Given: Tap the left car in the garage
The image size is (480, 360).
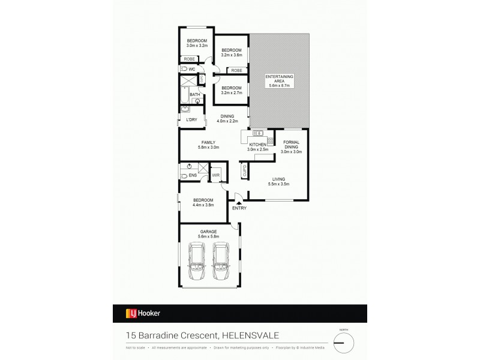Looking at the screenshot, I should click(196, 262).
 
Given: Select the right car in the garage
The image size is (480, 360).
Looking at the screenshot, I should click(221, 262).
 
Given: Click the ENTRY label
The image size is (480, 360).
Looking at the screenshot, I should click(239, 208).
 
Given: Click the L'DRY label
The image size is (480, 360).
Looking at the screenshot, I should click(192, 119).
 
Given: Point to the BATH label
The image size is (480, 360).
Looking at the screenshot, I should click(195, 94).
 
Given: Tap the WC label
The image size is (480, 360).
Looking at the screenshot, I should click(193, 70).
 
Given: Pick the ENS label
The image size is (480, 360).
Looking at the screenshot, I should click(193, 175).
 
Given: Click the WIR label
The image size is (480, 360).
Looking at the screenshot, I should click(217, 175).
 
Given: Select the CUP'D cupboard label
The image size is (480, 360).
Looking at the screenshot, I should click(245, 172).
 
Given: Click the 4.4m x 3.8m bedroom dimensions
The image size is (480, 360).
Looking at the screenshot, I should click(203, 205).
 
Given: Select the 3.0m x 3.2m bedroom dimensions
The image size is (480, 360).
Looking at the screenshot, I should click(196, 46).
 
